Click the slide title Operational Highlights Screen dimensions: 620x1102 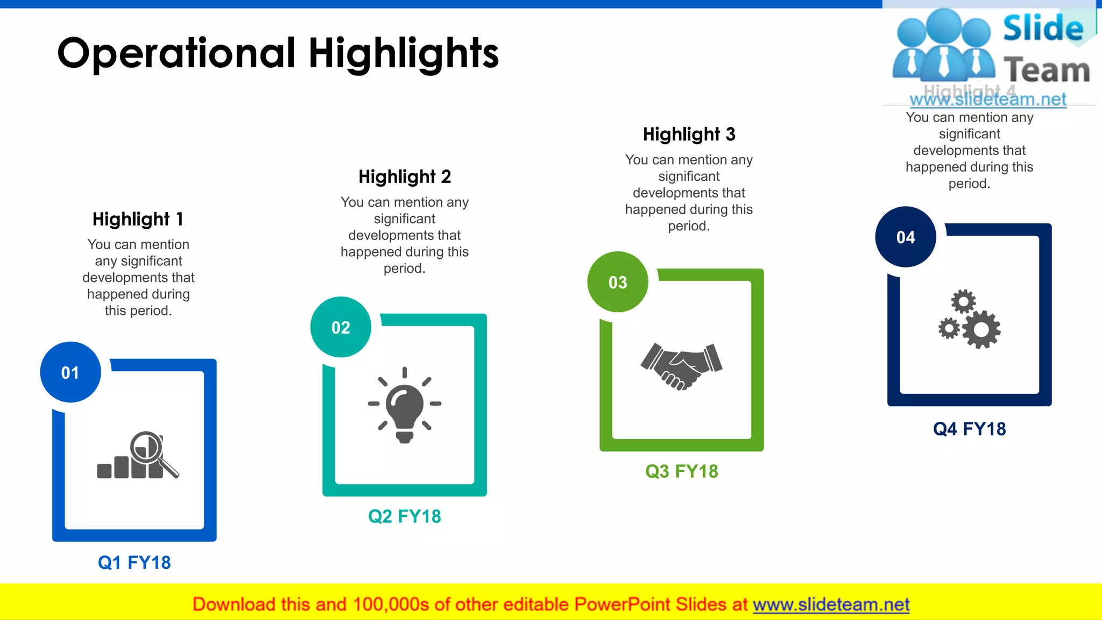pyautogui.click(x=278, y=54)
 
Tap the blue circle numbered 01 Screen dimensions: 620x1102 pyautogui.click(x=70, y=372)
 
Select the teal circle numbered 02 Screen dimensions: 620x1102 pyautogui.click(x=341, y=327)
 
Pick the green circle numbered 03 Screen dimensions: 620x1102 pyautogui.click(x=618, y=282)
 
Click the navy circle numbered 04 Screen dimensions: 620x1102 pyautogui.click(x=906, y=237)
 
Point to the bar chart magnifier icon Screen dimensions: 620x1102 pyautogui.click(x=138, y=455)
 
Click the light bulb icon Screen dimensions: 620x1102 pyautogui.click(x=405, y=405)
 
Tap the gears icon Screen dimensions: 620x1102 pyautogui.click(x=970, y=320)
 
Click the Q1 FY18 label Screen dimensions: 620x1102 pyautogui.click(x=135, y=562)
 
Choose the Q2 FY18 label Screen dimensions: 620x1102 pyautogui.click(x=405, y=517)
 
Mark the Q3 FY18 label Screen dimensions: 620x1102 pyautogui.click(x=682, y=471)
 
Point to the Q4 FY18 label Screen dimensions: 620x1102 pyautogui.click(x=970, y=429)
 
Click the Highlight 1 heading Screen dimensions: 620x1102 pyautogui.click(x=138, y=219)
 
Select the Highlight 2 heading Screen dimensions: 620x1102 pyautogui.click(x=405, y=177)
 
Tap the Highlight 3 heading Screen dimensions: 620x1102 pyautogui.click(x=689, y=134)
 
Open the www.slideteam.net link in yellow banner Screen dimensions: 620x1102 pyautogui.click(x=831, y=605)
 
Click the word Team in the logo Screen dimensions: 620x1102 pyautogui.click(x=1047, y=71)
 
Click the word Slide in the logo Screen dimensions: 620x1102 pyautogui.click(x=1043, y=29)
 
